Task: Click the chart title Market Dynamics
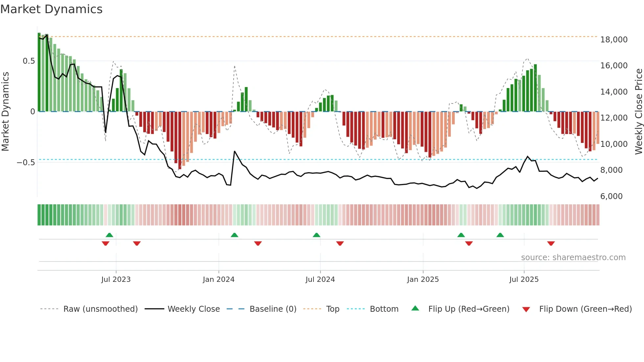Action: click(51, 9)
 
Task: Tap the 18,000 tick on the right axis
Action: click(614, 40)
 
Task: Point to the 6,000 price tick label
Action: click(611, 196)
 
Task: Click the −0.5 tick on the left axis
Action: click(26, 163)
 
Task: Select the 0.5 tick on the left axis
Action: click(29, 61)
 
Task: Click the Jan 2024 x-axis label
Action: click(218, 280)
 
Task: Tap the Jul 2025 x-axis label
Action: click(524, 280)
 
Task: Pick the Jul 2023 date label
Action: click(116, 280)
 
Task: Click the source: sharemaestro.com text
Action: click(573, 258)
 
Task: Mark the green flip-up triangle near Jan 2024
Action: click(234, 235)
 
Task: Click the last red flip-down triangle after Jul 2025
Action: click(551, 243)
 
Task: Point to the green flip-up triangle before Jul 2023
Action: click(109, 235)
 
